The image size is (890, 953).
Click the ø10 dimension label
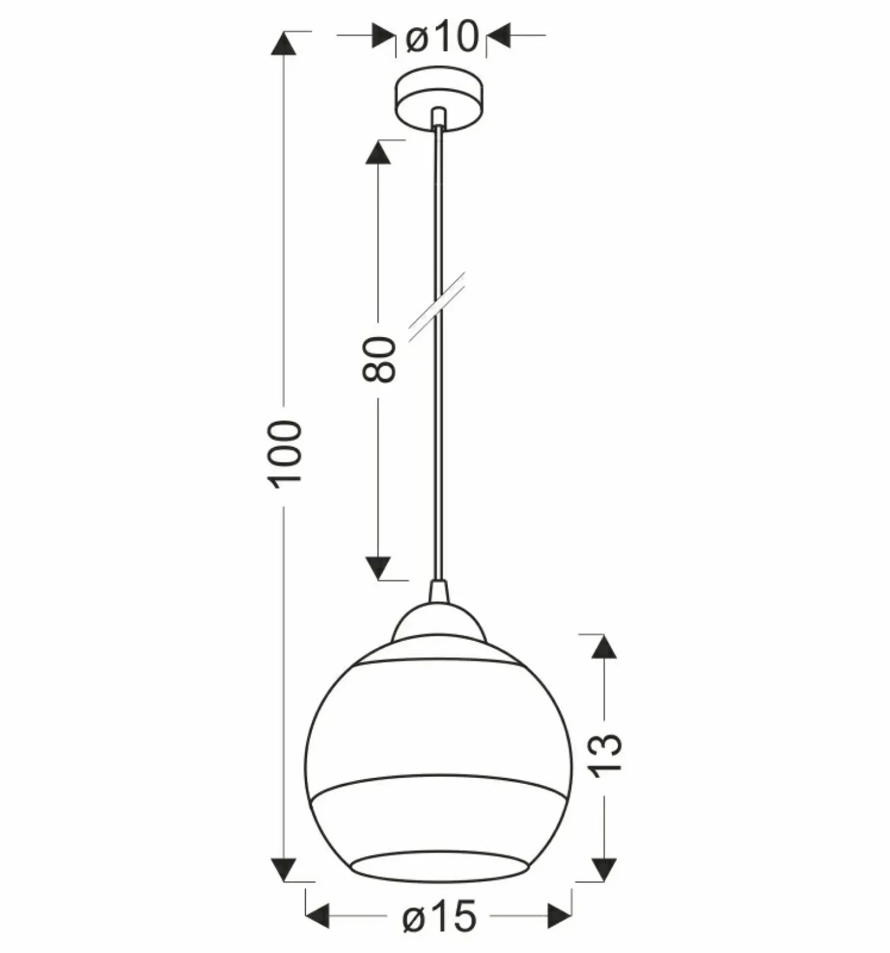click(442, 37)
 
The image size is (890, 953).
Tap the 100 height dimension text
click(286, 455)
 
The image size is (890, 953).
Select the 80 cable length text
click(379, 359)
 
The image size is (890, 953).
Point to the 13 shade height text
click(605, 755)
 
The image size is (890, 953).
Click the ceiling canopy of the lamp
click(439, 99)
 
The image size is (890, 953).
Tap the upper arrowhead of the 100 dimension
click(284, 43)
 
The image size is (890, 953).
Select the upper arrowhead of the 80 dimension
click(378, 152)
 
